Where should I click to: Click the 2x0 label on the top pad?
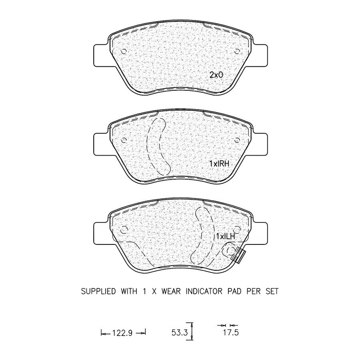tap(216, 75)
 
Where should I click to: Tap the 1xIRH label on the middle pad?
tap(219, 164)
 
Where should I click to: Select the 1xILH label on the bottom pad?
tap(226, 236)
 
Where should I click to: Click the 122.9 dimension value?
tap(122, 333)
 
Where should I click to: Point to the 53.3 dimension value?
tap(180, 332)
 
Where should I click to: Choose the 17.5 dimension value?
tap(231, 332)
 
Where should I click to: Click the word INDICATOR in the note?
tap(204, 291)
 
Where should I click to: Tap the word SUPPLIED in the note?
tap(98, 291)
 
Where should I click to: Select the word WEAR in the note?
tap(171, 291)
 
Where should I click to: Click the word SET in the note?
tap(272, 291)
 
